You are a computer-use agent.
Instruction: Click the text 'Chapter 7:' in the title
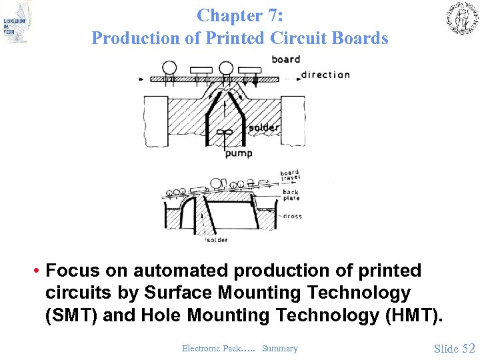[240, 15]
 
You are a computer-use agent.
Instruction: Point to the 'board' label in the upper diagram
[286, 59]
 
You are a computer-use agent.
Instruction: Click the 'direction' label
[325, 75]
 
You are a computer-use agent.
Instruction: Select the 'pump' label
[239, 154]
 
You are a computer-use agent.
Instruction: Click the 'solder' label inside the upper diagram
[263, 127]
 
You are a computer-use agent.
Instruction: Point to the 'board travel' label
[289, 176]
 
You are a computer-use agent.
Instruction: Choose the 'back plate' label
[291, 195]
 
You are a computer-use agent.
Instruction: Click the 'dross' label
[292, 216]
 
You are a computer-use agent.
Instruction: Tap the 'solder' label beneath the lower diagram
[217, 240]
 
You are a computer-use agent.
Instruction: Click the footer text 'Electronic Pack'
[209, 348]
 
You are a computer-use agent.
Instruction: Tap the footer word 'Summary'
[280, 348]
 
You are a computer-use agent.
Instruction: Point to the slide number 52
[469, 348]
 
